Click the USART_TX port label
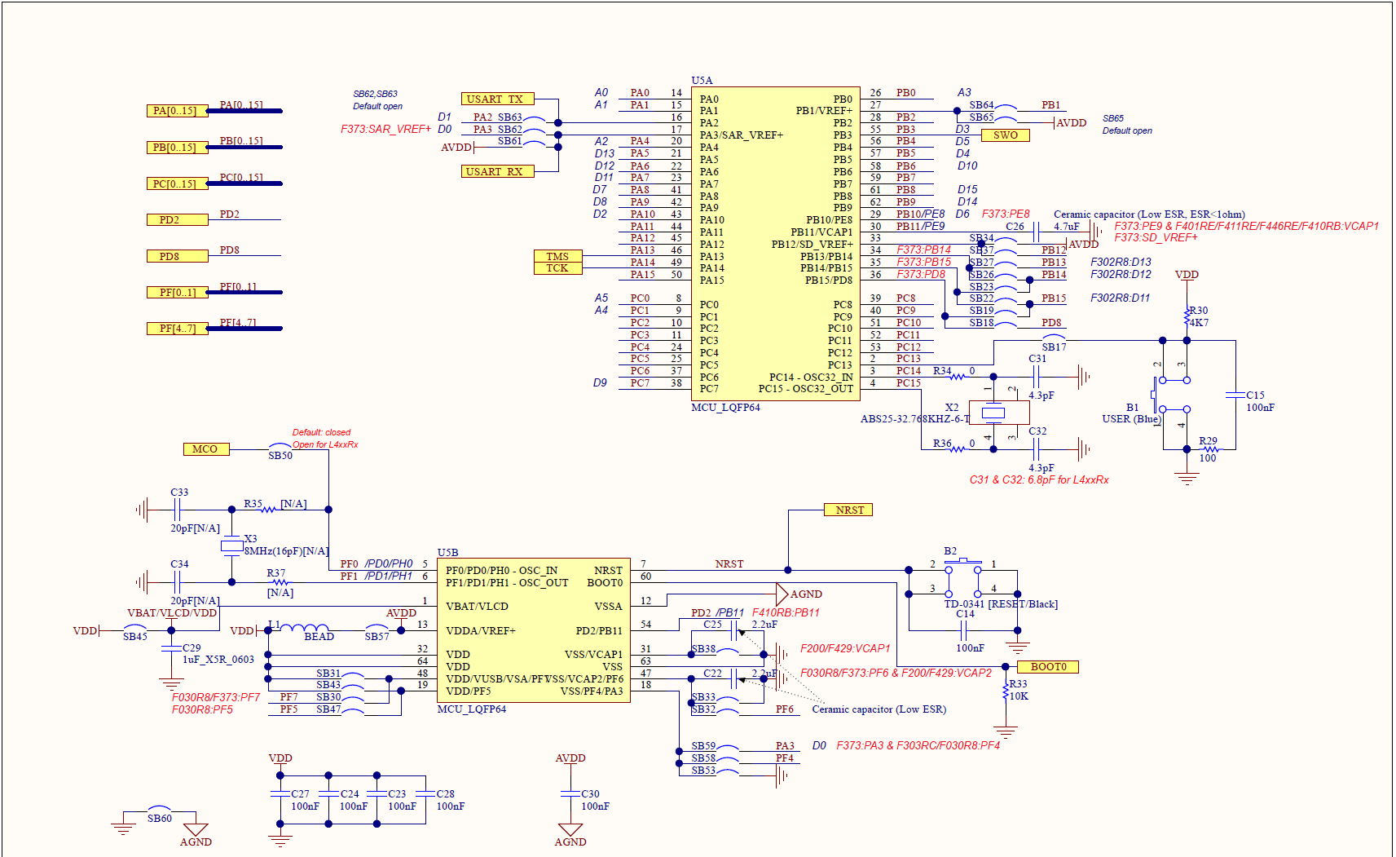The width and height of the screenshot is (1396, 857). [x=497, y=99]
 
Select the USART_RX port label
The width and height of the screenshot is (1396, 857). [x=497, y=171]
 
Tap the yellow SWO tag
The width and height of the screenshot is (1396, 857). [x=1005, y=135]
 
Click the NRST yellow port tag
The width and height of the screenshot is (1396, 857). [x=848, y=510]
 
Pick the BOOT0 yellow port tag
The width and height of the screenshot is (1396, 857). [x=1048, y=666]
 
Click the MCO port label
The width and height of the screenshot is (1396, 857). [x=206, y=448]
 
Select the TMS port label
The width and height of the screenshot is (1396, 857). [x=557, y=256]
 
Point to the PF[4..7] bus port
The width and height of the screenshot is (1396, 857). [x=177, y=329]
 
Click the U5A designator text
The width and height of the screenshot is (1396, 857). [x=702, y=80]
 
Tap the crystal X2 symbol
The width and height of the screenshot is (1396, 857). [x=993, y=413]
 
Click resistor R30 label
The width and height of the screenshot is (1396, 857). [x=1198, y=310]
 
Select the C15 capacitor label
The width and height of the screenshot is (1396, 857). [x=1255, y=395]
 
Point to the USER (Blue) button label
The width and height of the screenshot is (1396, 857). [x=1130, y=419]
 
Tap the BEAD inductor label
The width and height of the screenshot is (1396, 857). [x=319, y=637]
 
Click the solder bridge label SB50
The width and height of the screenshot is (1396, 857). [x=280, y=456]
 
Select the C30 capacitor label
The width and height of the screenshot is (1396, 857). [x=590, y=793]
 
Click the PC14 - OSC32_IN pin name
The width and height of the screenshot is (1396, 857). [x=810, y=377]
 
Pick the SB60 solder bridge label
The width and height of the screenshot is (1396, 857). [x=160, y=818]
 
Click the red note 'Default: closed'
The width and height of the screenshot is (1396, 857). [x=321, y=432]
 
